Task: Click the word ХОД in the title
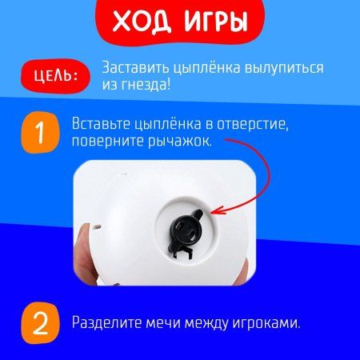[x=138, y=23]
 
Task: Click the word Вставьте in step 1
[x=102, y=125]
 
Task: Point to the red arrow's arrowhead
[x=217, y=210]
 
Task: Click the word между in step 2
[x=216, y=323]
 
